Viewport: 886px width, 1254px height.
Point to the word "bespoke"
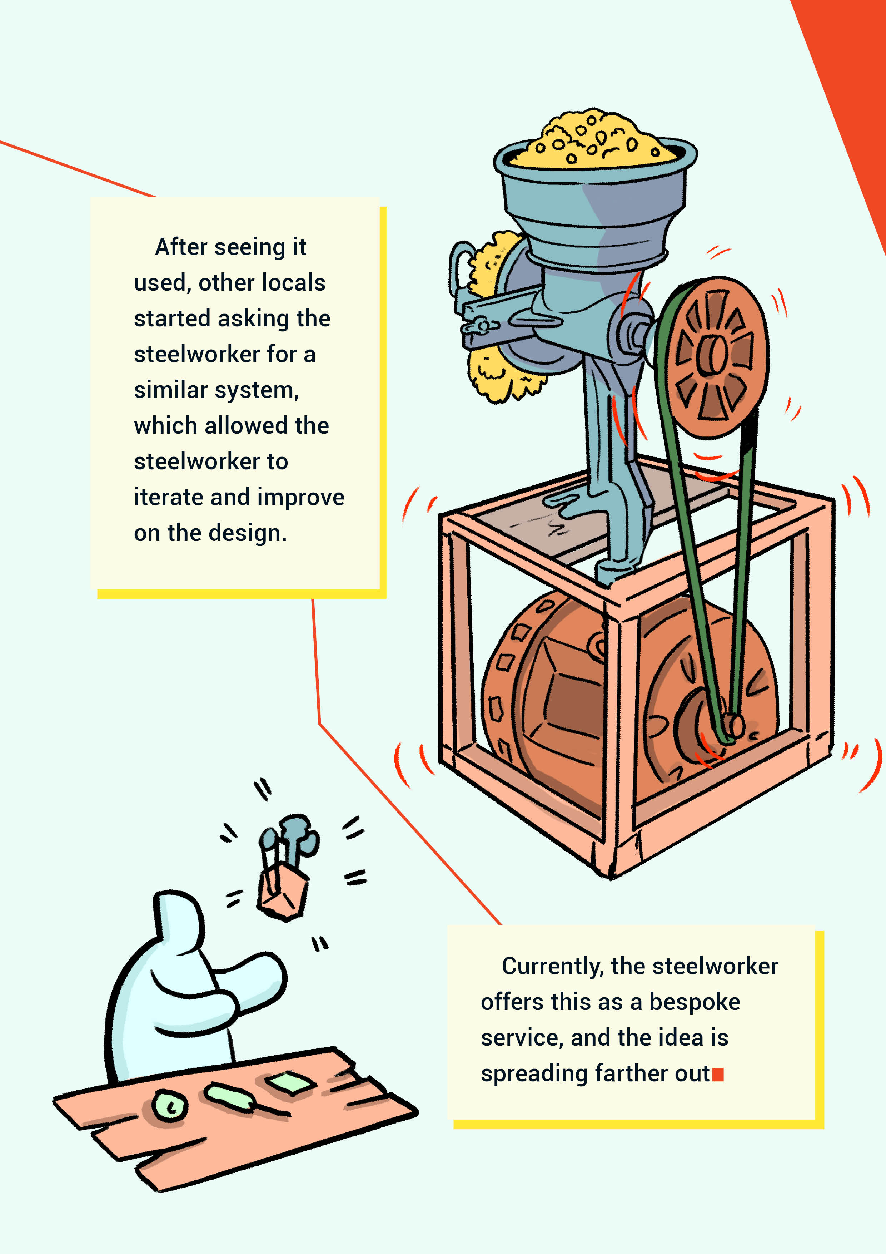(695, 1002)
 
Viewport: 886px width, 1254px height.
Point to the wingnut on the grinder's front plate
(481, 326)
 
